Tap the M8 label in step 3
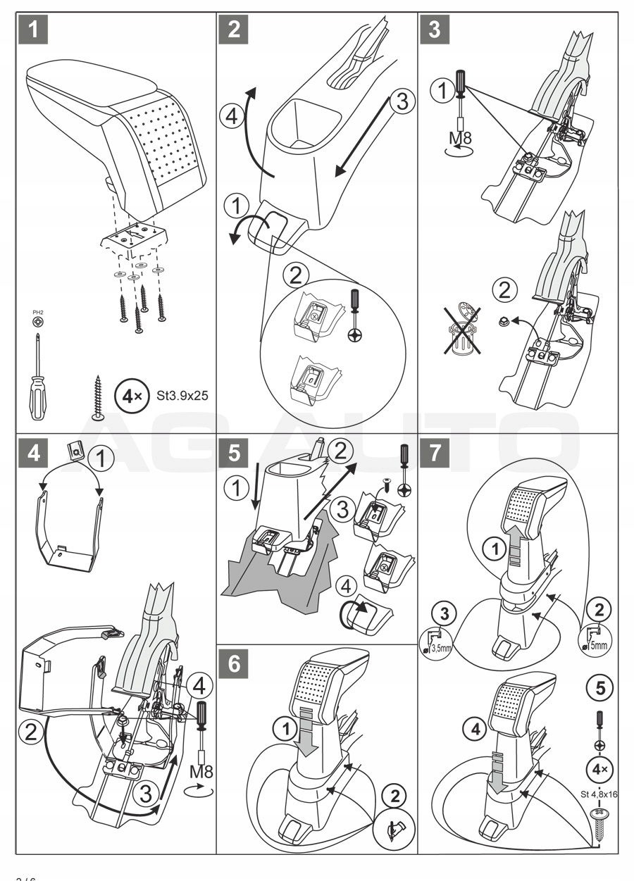click(460, 137)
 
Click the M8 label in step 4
click(201, 773)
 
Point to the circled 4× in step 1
click(128, 395)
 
